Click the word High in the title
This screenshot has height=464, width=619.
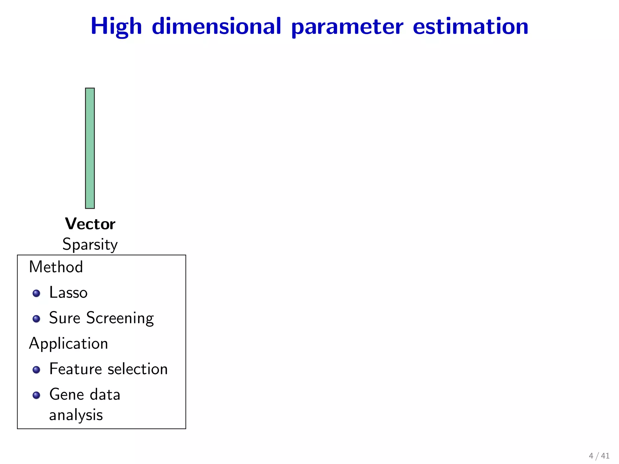coord(116,27)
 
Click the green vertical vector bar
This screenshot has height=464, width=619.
coord(90,148)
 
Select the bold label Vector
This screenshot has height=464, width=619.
coord(90,224)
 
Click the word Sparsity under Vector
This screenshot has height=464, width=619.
coord(90,244)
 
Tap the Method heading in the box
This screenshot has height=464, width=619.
coord(56,267)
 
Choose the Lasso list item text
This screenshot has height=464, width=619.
coord(68,292)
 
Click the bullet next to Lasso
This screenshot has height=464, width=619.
coord(36,293)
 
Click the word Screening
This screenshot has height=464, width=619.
coord(120,318)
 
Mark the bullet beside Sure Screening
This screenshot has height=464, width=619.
coord(36,319)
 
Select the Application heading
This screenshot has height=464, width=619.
coord(69,344)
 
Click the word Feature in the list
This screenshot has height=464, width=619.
coord(76,369)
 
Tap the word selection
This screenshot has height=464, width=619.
coord(138,369)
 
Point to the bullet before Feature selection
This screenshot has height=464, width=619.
coord(36,370)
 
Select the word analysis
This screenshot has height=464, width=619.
coord(76,415)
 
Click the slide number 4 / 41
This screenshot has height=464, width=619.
coord(599,456)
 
